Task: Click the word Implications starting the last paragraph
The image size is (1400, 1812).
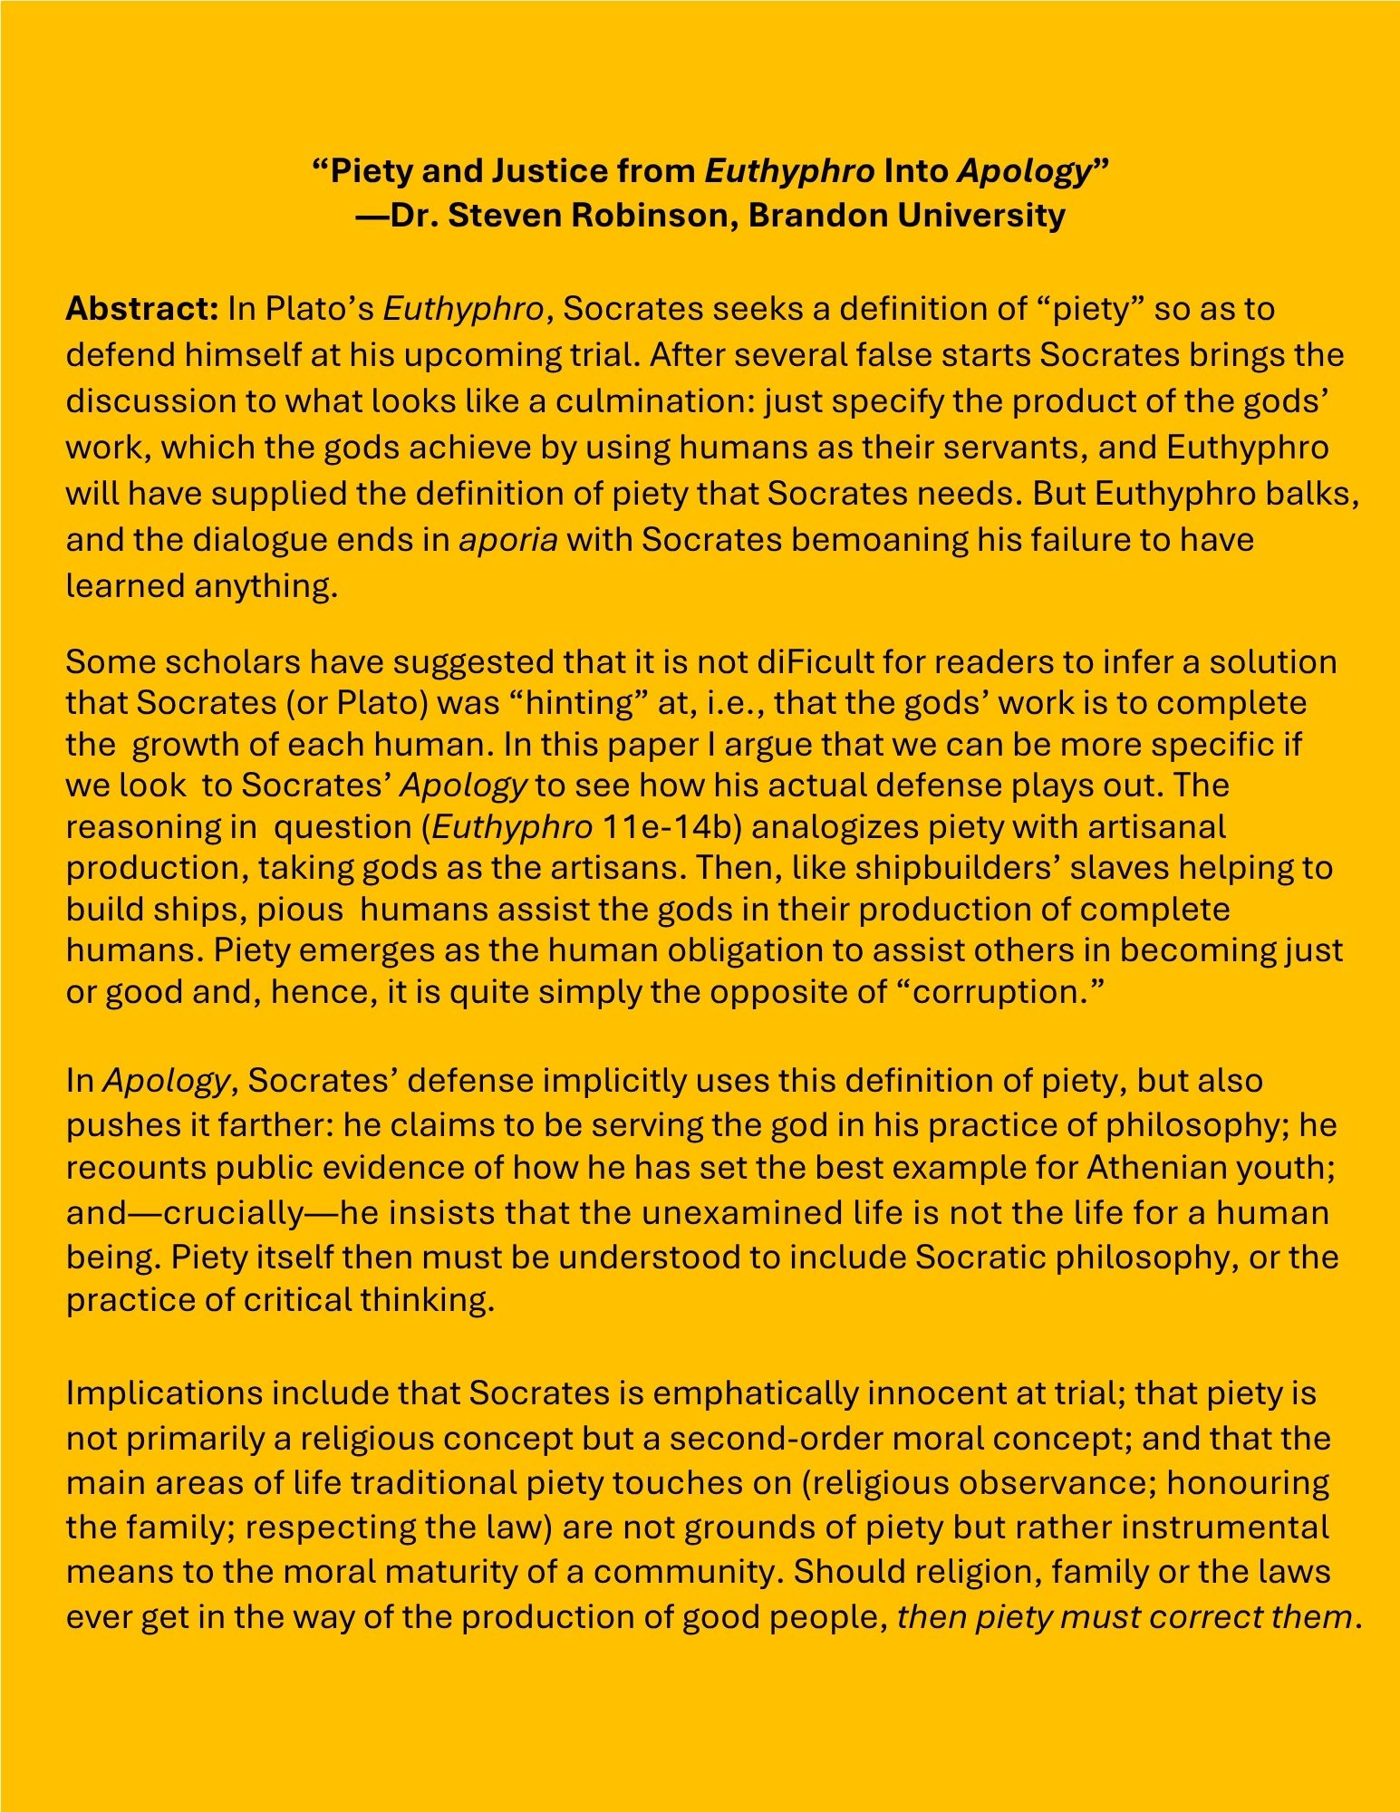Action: [163, 1393]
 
